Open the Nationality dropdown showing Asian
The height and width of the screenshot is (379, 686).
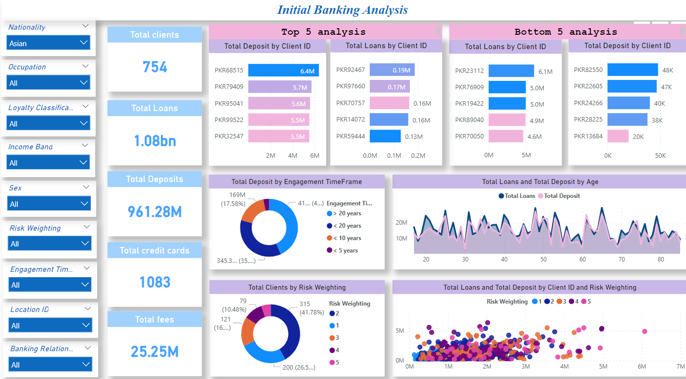pos(49,43)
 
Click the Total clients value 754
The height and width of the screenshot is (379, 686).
pos(155,67)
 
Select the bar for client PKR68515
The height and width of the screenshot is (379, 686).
pos(283,71)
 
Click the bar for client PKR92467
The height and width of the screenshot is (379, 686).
pos(392,70)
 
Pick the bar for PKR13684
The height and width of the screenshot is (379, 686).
pos(618,136)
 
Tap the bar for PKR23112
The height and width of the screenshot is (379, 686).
pos(511,71)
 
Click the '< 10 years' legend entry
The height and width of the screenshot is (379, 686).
pos(346,238)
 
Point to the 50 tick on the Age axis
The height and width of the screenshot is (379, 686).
pos(543,259)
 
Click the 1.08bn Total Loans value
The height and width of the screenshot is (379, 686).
pos(155,141)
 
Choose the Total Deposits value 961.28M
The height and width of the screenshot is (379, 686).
pos(155,212)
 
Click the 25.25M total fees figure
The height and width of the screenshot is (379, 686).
pos(155,352)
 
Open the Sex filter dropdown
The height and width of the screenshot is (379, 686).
pos(49,204)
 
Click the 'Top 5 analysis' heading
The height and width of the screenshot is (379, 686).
pos(323,32)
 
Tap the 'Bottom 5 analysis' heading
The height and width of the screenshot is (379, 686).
pos(566,32)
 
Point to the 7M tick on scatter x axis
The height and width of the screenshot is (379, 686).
pos(681,366)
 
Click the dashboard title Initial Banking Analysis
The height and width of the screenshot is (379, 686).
pos(342,10)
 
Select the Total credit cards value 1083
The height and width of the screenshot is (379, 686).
pos(155,282)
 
